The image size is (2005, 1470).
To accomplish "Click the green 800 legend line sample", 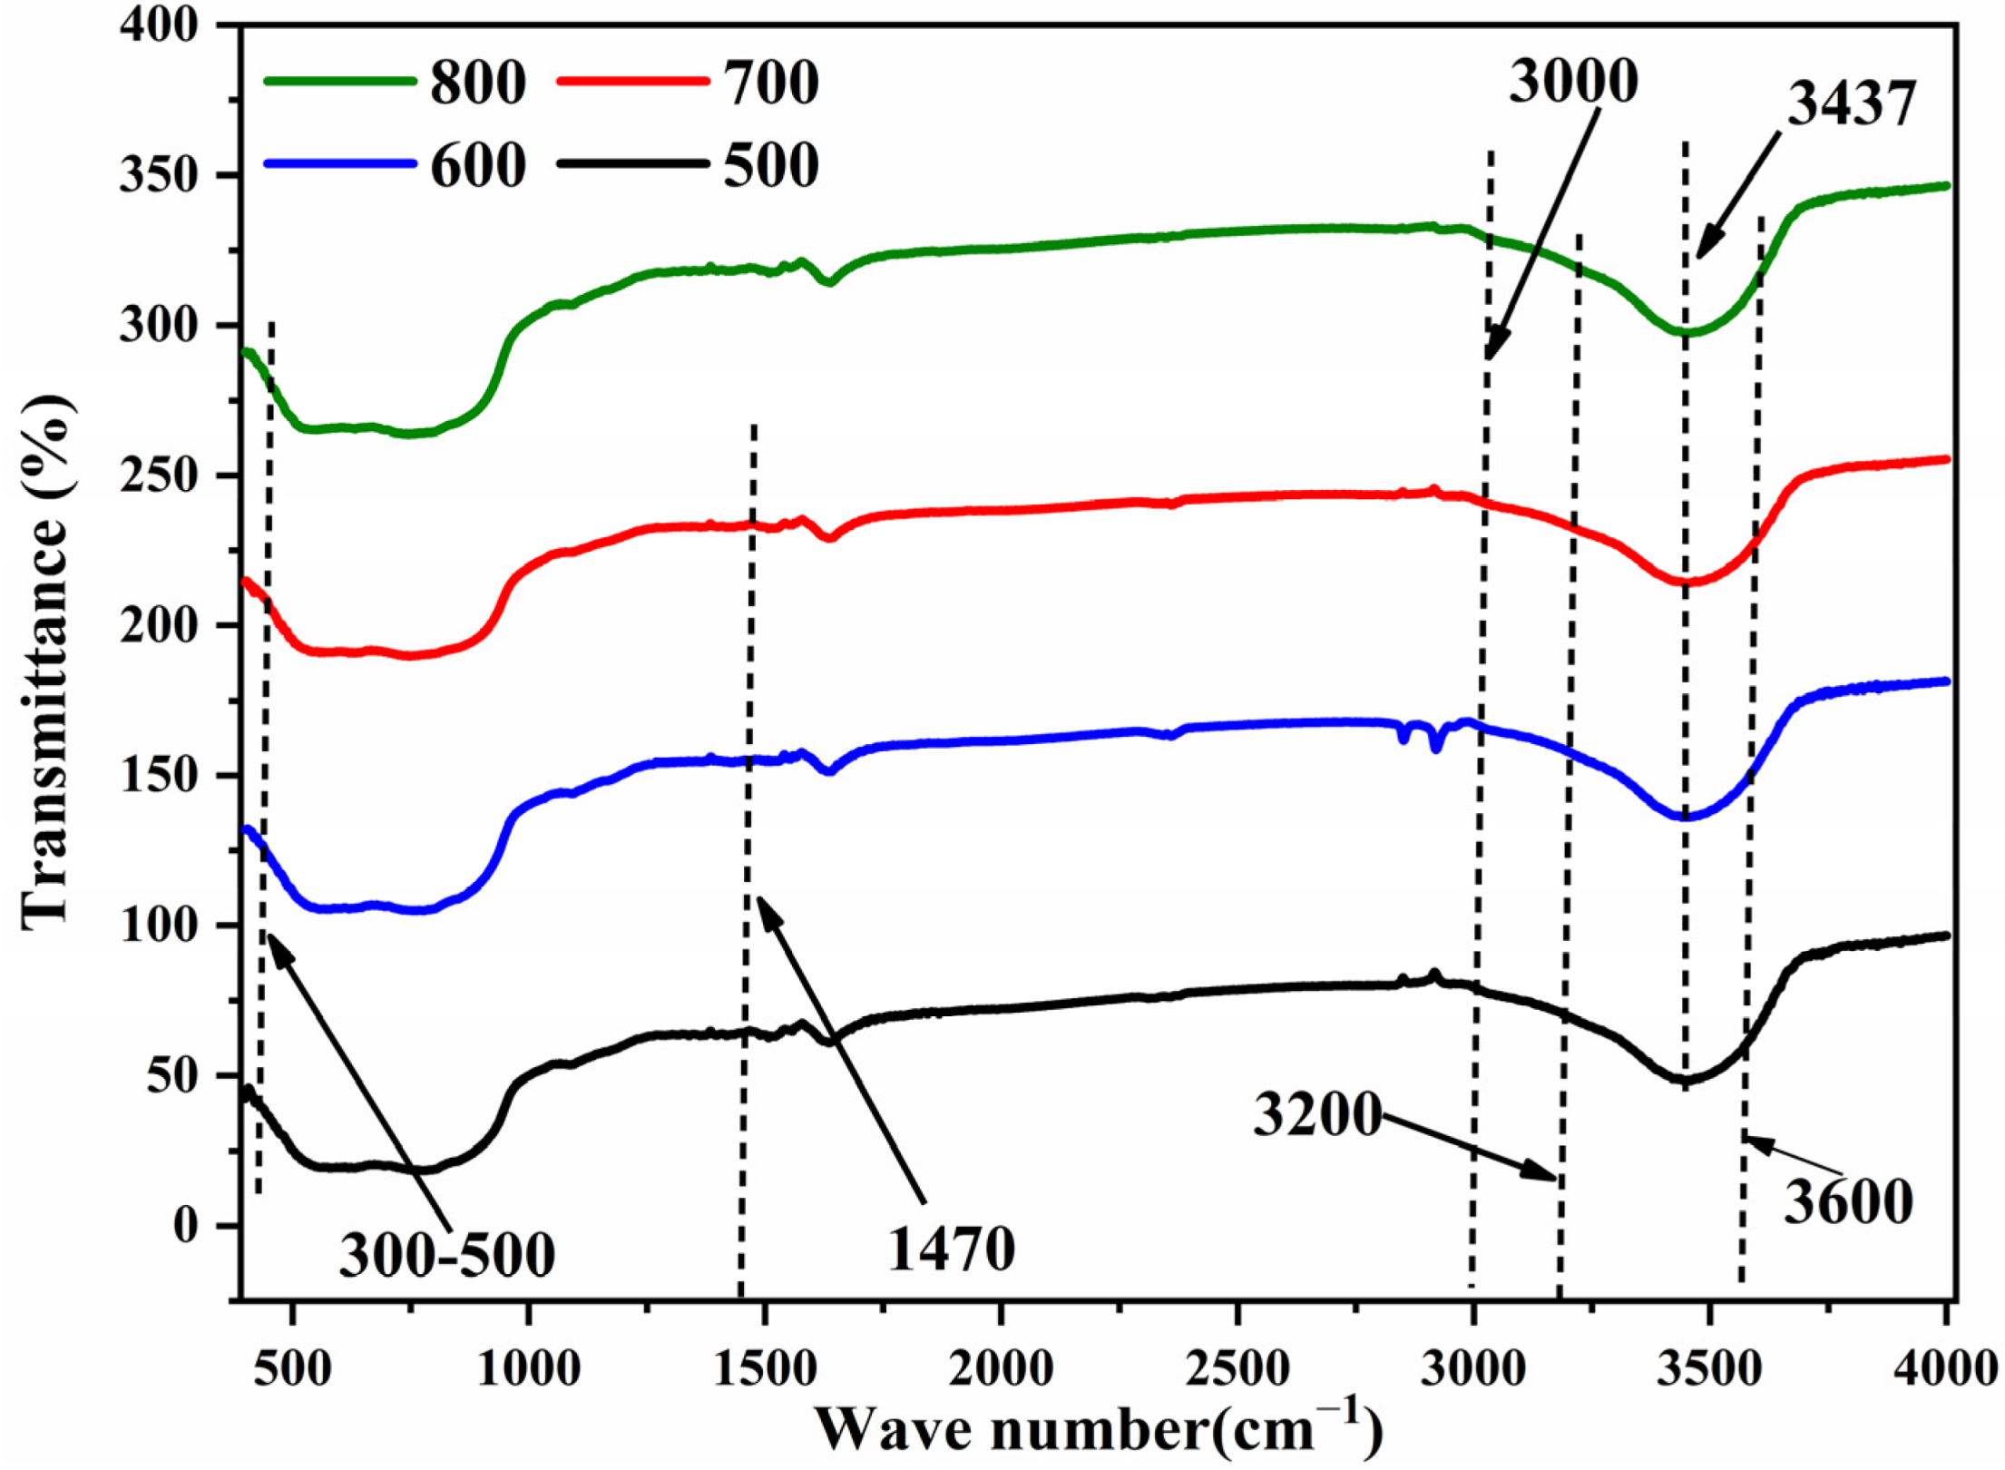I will [340, 81].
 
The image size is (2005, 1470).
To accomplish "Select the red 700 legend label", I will [771, 83].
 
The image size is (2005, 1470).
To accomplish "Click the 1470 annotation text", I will [950, 1249].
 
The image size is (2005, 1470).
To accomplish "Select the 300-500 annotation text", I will [446, 1256].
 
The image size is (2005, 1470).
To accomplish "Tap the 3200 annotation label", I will [1316, 1115].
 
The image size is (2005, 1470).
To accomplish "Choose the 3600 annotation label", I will [1848, 1203].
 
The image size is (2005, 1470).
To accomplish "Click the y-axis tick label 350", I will [159, 175].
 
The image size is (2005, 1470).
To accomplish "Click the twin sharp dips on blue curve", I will [1421, 737].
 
